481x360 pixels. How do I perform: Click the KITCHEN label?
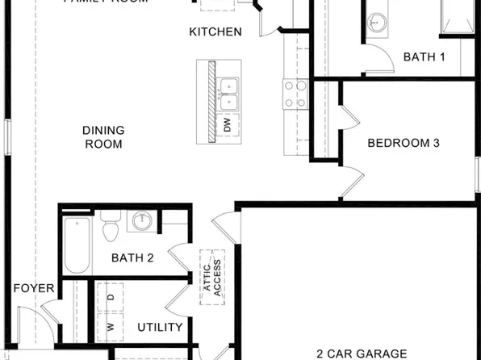[215, 32]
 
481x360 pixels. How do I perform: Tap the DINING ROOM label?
[102, 137]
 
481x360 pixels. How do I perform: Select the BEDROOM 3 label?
[404, 144]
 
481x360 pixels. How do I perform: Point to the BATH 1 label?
[424, 57]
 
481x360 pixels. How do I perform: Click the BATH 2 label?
[132, 258]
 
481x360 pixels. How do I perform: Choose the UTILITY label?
[160, 327]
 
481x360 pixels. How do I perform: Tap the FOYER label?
[33, 288]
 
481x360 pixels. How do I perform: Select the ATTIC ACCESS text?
[212, 278]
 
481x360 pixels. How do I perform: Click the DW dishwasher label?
[228, 125]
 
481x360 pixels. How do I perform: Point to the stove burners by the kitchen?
[295, 95]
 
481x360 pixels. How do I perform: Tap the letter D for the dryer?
[111, 297]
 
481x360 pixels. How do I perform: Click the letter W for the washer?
[111, 328]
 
